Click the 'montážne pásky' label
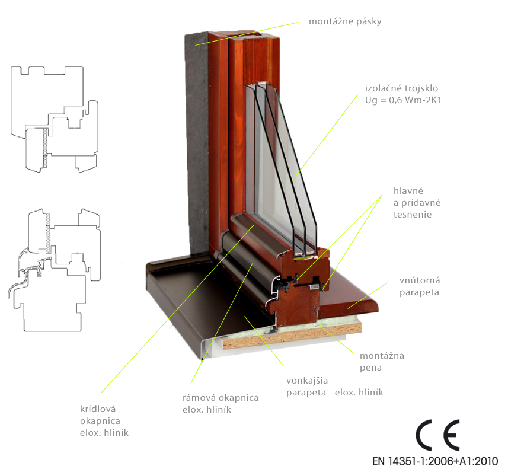tap(345, 21)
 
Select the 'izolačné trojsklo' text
tap(401, 88)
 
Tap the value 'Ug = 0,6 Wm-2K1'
tap(403, 100)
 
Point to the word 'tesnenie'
tap(413, 215)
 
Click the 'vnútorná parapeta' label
tap(420, 286)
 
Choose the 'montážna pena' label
tap(382, 362)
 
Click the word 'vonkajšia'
tap(307, 381)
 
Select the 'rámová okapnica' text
tap(221, 398)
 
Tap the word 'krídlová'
tap(98, 409)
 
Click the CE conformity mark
tap(437, 435)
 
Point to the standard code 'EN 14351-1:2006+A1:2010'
tap(434, 461)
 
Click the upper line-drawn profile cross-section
tap(54, 119)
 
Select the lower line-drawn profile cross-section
tap(54, 270)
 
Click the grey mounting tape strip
tap(197, 143)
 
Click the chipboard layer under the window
tap(292, 337)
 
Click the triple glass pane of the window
tap(280, 168)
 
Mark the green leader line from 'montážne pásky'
tap(247, 34)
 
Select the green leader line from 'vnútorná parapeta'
tap(368, 295)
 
